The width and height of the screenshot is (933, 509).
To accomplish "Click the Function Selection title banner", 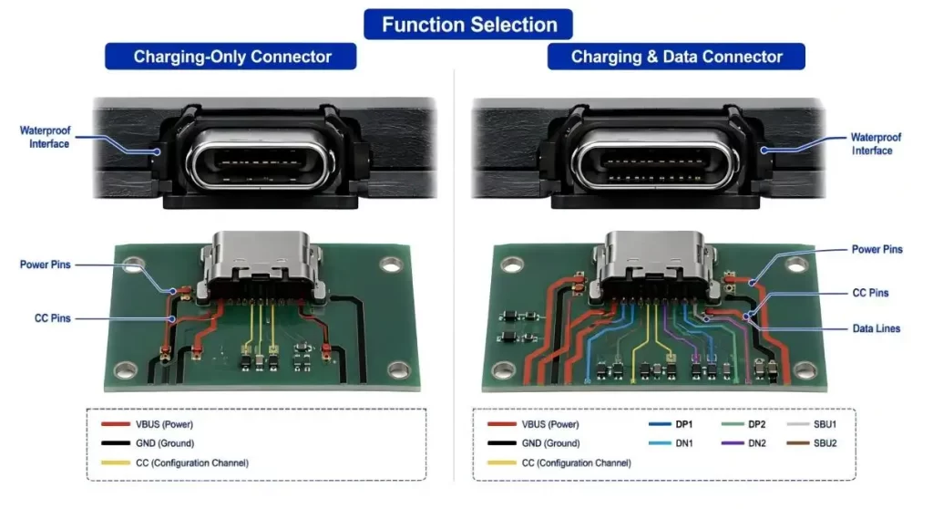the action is (x=468, y=25).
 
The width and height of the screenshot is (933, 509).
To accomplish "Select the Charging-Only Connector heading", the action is (x=231, y=57).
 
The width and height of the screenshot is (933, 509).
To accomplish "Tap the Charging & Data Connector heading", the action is (x=676, y=57).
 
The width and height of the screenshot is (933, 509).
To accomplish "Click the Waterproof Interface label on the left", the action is (x=46, y=137).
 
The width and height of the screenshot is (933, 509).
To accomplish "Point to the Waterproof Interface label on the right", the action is (x=876, y=143).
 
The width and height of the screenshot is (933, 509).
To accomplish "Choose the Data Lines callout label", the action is (x=876, y=328).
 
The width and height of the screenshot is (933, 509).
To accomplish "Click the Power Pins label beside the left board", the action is (x=46, y=265).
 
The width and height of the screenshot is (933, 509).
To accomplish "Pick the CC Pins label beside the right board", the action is (x=870, y=293).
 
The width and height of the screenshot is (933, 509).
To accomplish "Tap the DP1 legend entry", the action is (x=671, y=424).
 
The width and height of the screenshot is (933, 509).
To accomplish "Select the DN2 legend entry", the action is (x=743, y=443).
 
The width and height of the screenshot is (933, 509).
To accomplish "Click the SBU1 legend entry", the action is (x=812, y=424).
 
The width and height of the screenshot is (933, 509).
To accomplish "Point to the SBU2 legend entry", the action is (x=812, y=443).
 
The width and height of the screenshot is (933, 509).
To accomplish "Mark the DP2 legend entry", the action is (x=743, y=424).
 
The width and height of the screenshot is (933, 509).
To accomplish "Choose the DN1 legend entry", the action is (x=671, y=443).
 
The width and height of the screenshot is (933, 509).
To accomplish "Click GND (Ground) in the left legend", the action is (x=148, y=443).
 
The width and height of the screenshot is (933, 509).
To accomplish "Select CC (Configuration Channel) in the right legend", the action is (x=559, y=463).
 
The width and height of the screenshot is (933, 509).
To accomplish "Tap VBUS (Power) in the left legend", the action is (x=147, y=424).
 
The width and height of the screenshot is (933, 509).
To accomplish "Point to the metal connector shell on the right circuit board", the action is (x=653, y=263).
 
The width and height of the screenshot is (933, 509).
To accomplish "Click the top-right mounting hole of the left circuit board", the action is (x=390, y=265).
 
